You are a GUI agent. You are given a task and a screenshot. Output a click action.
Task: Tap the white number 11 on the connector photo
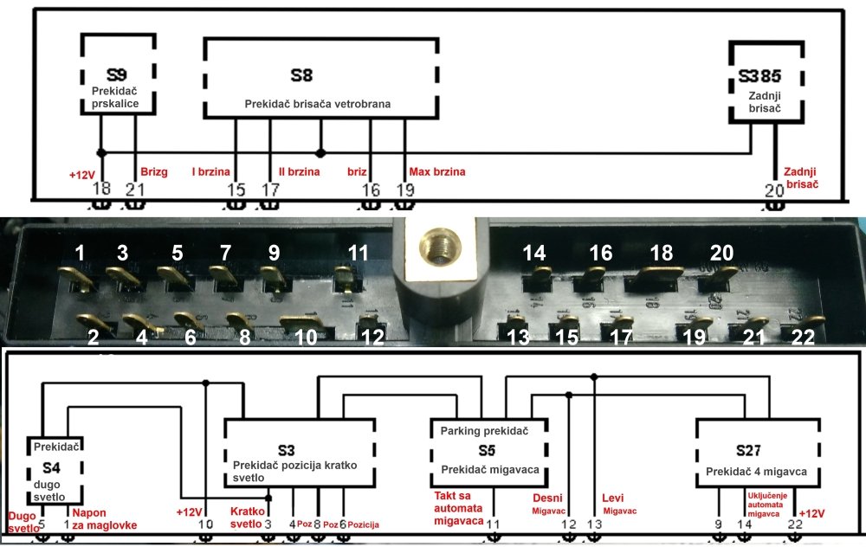(x=359, y=254)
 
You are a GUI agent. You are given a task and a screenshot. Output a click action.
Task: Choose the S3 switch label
(x=287, y=450)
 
